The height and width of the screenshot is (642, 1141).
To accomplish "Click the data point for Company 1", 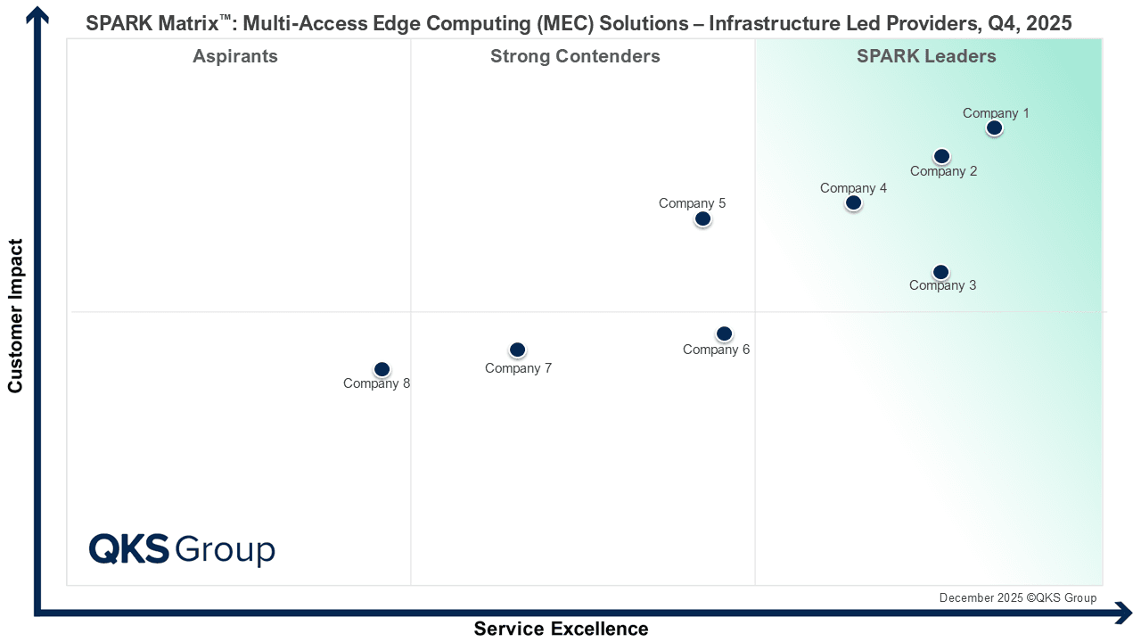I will click(x=995, y=128).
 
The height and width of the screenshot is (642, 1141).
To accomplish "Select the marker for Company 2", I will click(x=941, y=157).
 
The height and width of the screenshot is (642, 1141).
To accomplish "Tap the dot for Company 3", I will click(x=940, y=272).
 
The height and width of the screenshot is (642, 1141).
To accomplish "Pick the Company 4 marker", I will click(x=853, y=203).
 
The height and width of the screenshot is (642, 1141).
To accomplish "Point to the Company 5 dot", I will click(x=702, y=218).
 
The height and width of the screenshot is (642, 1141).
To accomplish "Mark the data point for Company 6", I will click(x=724, y=334).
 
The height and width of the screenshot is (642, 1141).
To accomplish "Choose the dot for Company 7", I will click(x=517, y=350).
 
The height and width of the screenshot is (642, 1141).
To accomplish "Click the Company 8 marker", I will click(x=382, y=369).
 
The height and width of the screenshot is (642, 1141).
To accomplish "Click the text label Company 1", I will click(x=996, y=113).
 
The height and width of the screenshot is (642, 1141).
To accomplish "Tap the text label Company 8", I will click(x=376, y=384).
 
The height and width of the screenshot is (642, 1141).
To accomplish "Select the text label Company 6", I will click(x=716, y=350).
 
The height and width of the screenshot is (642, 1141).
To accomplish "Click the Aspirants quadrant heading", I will click(x=235, y=57).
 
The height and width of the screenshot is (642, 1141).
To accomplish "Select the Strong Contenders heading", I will click(x=575, y=57).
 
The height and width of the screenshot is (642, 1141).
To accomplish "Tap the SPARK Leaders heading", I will click(x=926, y=57).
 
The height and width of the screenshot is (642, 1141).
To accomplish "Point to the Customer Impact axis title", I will click(x=15, y=315).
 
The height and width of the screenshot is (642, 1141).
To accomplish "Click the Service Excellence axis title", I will click(x=561, y=629).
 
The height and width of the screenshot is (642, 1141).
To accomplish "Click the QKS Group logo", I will click(x=182, y=548).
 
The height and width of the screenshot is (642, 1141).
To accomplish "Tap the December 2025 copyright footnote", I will click(x=1018, y=597).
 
